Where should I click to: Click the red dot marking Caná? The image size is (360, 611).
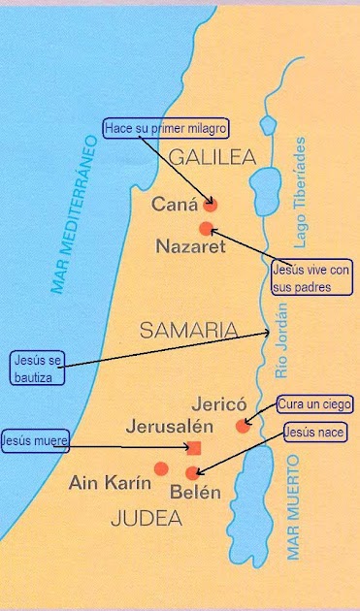210,205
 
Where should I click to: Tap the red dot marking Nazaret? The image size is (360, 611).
206,229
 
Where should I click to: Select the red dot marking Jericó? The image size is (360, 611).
243,426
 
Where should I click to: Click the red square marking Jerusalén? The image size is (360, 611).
193,447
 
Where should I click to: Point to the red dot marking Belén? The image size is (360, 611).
192,473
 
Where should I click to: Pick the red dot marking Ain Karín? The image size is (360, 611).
161,468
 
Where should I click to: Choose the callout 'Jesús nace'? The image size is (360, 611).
315,430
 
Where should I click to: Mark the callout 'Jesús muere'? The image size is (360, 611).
35,440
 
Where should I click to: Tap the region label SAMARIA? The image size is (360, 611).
188,330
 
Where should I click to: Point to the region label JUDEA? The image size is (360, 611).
147,518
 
